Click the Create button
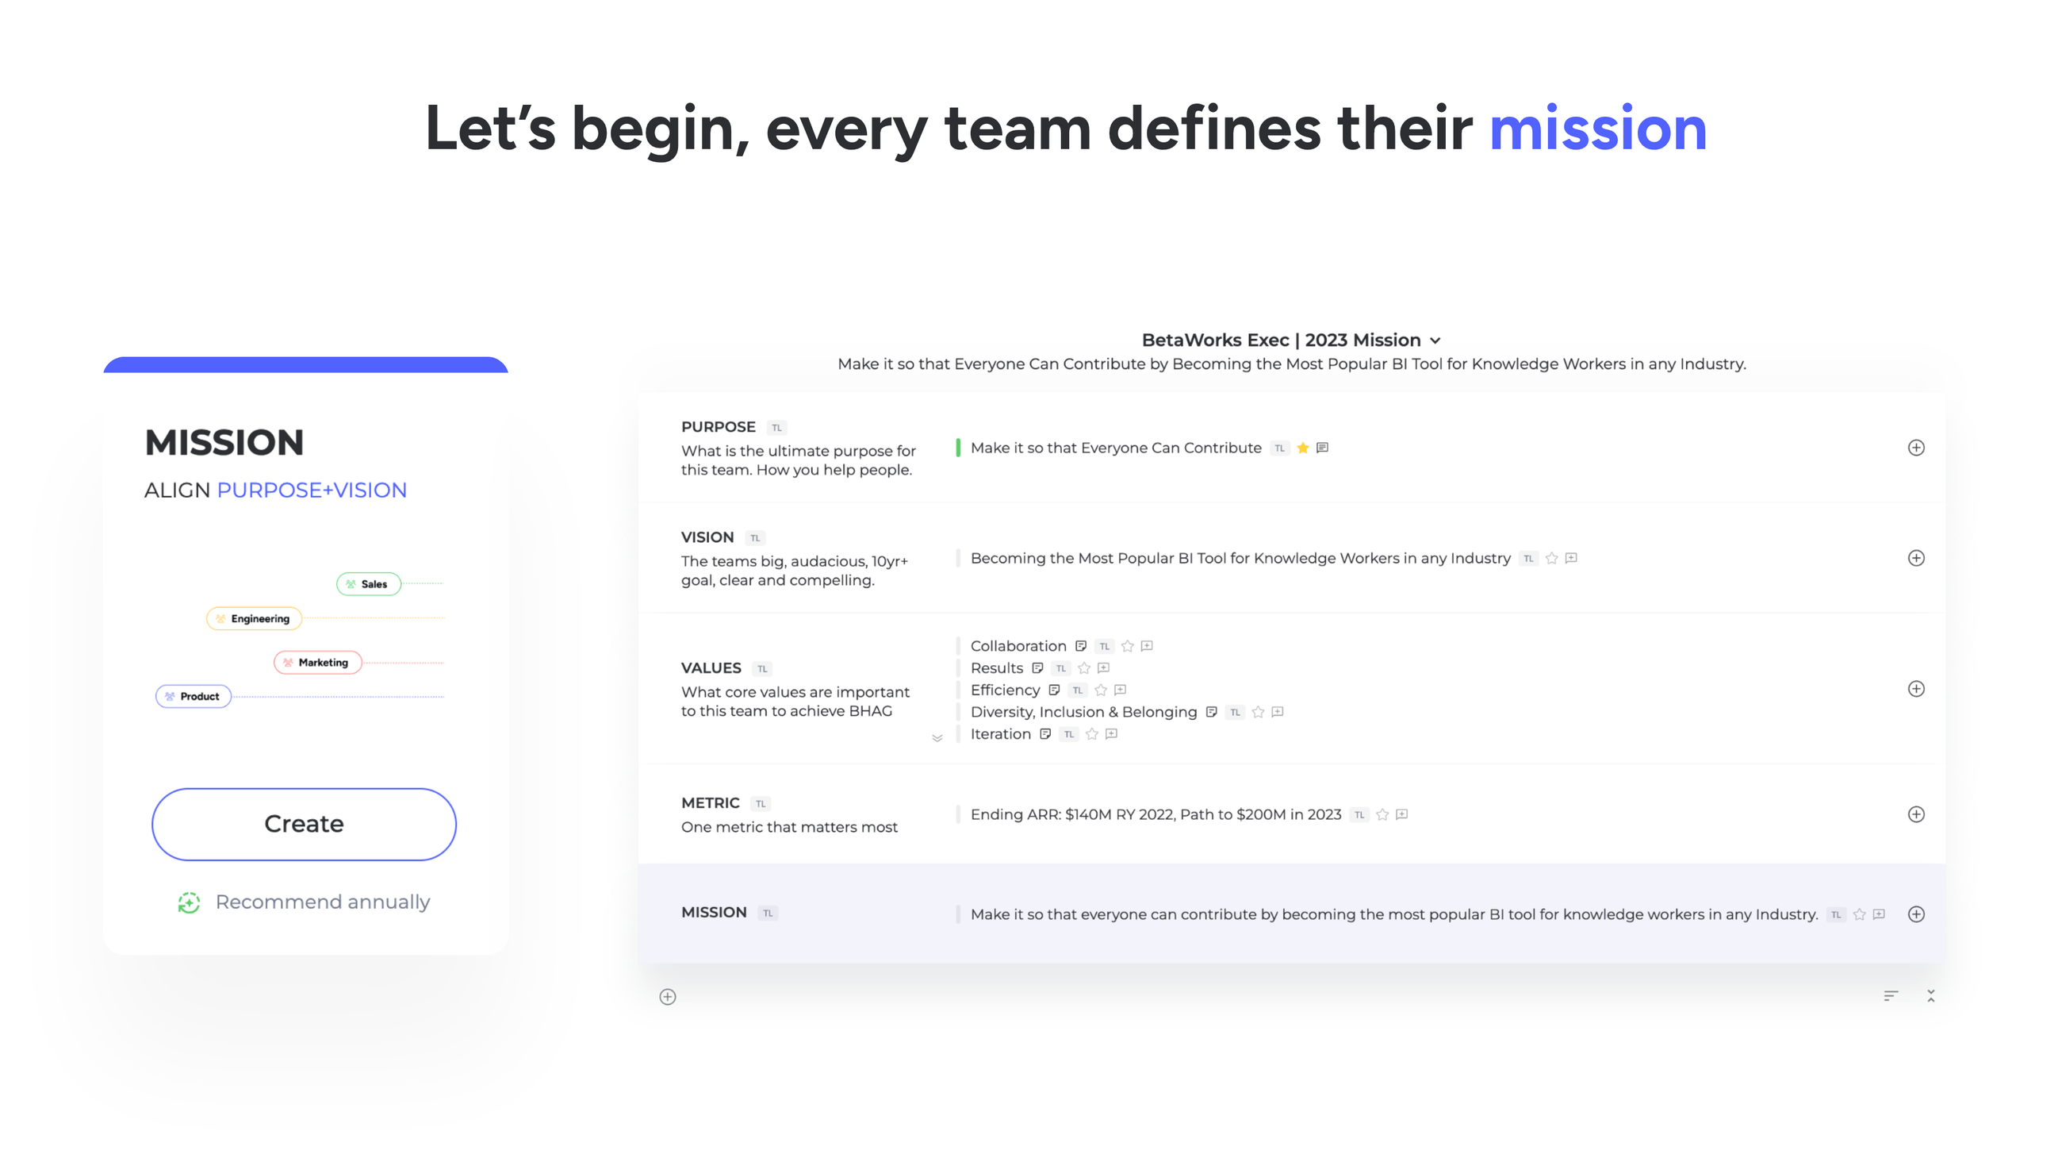305,824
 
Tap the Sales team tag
368,584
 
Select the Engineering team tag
254,618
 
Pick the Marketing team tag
317,662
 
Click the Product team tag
194,696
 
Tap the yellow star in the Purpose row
1303,448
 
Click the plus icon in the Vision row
1915,558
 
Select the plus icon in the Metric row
1915,814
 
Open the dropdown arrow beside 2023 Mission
1435,340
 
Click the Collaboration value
1018,645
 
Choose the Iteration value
1001,733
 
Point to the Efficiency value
1006,690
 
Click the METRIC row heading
710,802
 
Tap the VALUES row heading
711,667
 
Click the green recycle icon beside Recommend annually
189,902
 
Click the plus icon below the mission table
668,996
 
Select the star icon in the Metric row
1382,814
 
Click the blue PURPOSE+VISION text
312,491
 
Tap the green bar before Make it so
957,448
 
